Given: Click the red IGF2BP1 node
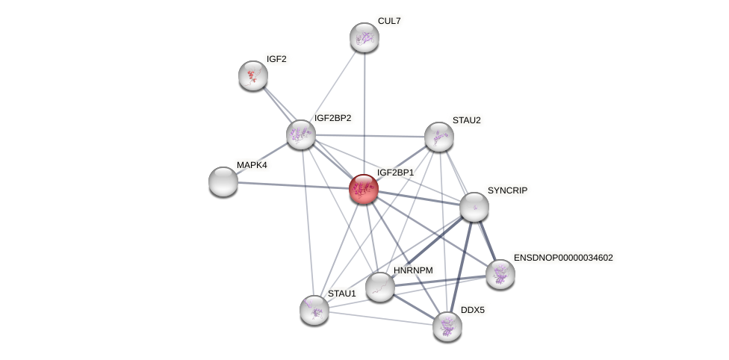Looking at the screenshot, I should pos(364,189).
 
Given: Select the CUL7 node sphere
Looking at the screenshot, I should pos(364,37).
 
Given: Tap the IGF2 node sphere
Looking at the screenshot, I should pos(253,75).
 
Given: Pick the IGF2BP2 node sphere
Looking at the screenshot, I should pos(301,134).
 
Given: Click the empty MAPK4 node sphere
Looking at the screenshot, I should pos(223,181).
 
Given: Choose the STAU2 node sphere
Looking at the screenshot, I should pos(439,137).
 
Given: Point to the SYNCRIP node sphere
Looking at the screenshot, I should pos(474,207).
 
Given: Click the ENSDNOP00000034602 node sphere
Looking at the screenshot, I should pos(500,274).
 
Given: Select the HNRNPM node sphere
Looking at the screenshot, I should pos(380,287).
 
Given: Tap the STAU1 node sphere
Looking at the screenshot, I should pos(314,309).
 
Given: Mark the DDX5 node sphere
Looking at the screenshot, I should pos(447,326).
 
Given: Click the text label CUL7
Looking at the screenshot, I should pos(389,21).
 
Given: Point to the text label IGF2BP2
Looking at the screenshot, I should pos(332,118).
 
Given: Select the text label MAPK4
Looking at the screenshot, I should pos(252,165).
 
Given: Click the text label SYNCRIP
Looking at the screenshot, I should pos(508,190).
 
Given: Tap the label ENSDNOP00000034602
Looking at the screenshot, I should pos(563,258).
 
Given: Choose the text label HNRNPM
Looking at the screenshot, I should pos(413,270).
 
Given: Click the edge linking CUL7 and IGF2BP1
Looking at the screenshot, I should pos(364,112).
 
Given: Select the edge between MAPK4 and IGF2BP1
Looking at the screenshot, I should pos(291,185).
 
